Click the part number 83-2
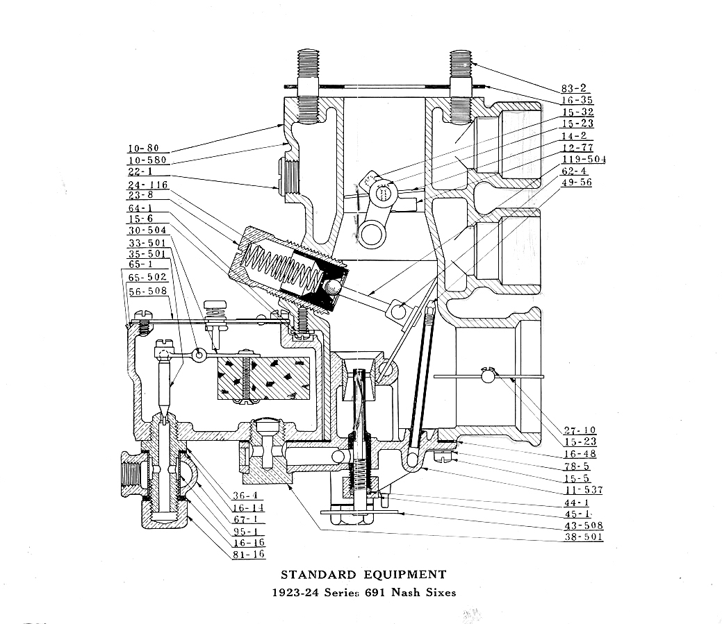click(574, 88)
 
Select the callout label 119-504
click(584, 160)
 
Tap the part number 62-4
click(574, 171)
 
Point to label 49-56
click(577, 183)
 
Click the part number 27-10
click(580, 430)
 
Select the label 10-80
click(142, 148)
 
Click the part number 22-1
click(139, 171)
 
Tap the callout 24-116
click(147, 184)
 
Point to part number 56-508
click(147, 291)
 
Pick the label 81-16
click(248, 555)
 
